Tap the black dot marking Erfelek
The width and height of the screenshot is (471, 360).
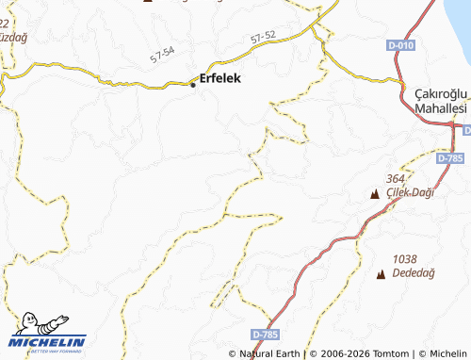click(194, 85)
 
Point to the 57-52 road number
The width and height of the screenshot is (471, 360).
click(264, 38)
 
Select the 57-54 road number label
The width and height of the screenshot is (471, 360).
click(162, 56)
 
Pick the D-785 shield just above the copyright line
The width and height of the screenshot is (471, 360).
click(267, 334)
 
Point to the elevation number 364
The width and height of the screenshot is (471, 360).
click(395, 178)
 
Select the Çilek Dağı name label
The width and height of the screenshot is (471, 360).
click(409, 193)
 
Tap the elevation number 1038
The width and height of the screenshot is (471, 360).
click(405, 257)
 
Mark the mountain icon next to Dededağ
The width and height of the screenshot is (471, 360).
click(381, 274)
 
